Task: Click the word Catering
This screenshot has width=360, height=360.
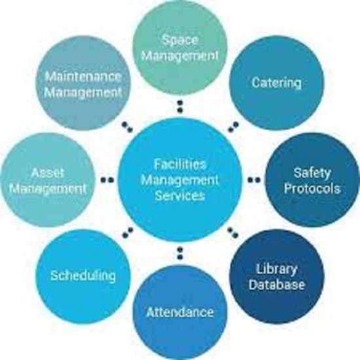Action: click(277, 82)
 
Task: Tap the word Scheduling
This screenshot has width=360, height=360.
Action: click(83, 276)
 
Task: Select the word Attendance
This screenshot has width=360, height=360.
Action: click(180, 312)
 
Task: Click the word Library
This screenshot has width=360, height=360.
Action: click(276, 269)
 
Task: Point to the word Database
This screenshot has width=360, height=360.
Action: click(277, 285)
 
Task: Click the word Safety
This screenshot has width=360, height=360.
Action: click(312, 173)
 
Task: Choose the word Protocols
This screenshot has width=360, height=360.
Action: click(312, 189)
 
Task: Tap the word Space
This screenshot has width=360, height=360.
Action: click(180, 41)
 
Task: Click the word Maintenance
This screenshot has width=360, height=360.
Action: click(83, 77)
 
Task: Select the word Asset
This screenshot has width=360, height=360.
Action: click(47, 173)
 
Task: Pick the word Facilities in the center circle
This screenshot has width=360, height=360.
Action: click(180, 164)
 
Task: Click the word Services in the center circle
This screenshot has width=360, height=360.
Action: click(180, 196)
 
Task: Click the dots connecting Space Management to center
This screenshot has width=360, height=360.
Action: click(180, 107)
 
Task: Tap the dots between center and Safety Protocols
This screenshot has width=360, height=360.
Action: click(254, 180)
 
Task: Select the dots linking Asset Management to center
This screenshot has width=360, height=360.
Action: click(107, 180)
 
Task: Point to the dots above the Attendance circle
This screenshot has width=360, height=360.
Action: click(180, 253)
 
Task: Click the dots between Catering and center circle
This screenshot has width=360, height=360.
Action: click(233, 127)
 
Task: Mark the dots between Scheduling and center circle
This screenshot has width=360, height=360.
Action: click(128, 232)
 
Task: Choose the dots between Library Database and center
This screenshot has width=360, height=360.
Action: click(233, 232)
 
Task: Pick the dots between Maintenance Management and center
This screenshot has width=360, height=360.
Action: click(128, 127)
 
